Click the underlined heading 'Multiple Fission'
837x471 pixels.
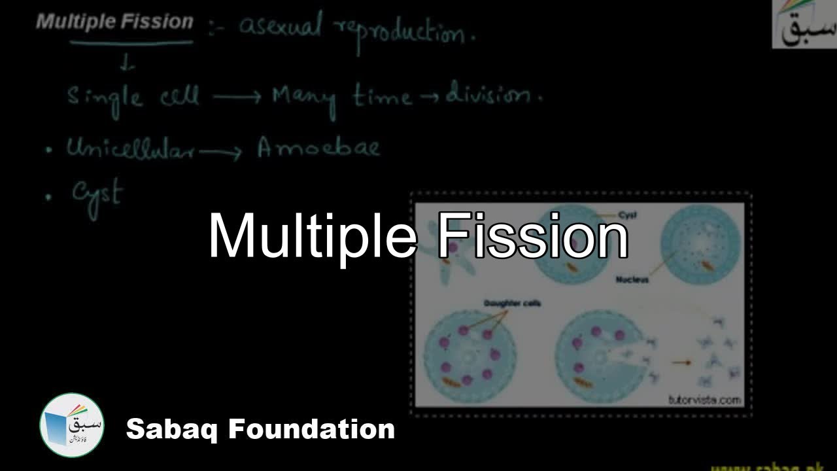point(115,22)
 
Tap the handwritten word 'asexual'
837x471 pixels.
point(281,27)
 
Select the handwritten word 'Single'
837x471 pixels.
point(105,98)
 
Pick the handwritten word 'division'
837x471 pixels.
point(494,97)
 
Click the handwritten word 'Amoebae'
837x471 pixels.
point(318,148)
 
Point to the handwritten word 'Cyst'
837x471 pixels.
point(97,194)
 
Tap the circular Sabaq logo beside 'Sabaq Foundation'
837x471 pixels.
point(71,425)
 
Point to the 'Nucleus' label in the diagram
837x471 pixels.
point(632,280)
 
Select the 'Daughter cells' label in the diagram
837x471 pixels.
point(512,304)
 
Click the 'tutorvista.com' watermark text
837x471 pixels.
point(705,399)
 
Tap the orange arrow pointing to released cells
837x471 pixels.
point(683,361)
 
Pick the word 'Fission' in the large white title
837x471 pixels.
point(532,237)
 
